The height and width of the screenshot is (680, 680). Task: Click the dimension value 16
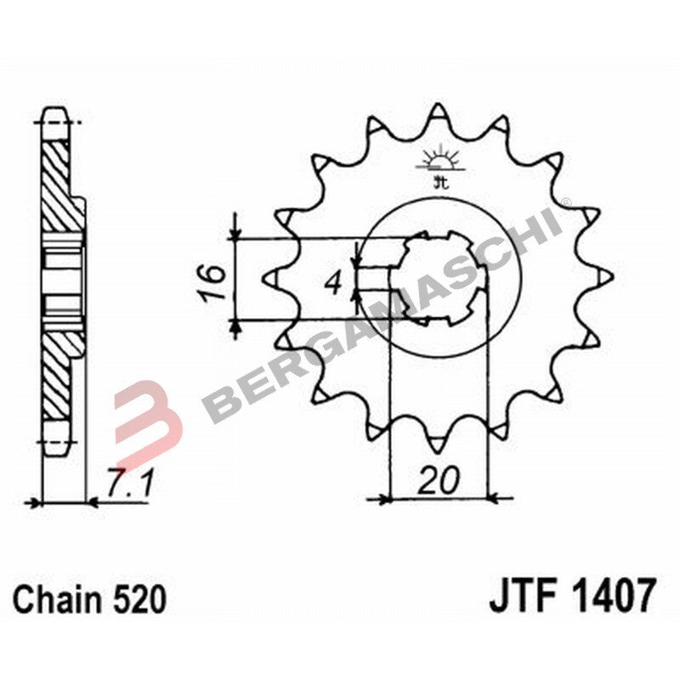214,282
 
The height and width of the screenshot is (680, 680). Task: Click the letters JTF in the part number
519,596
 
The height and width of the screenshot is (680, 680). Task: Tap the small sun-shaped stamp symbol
439,161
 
